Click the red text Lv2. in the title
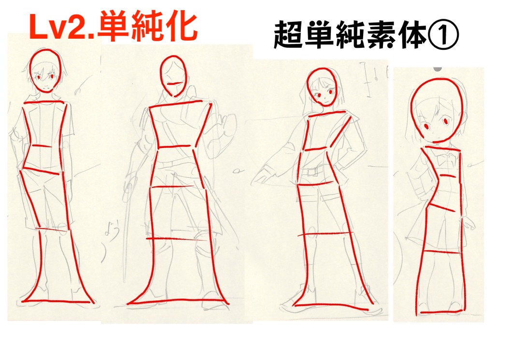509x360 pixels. coord(62,28)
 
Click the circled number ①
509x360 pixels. coord(443,35)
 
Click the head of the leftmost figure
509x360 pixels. coord(45,71)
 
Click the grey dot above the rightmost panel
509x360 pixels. coord(438,69)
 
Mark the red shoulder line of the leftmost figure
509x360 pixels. coord(44,102)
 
